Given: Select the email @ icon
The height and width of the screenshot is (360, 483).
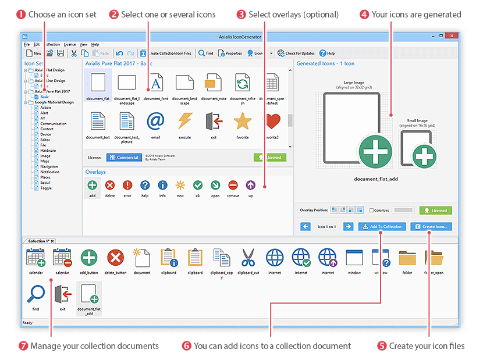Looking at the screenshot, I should click(x=155, y=121).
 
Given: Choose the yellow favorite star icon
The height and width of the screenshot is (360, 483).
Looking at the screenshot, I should click(x=242, y=121).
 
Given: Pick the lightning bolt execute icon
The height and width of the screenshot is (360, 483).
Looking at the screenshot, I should click(x=184, y=121).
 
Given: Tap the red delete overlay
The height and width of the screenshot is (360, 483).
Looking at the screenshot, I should click(x=110, y=186).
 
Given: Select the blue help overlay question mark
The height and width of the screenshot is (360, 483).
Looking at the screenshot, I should click(x=145, y=186).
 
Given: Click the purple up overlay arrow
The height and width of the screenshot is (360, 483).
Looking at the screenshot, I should click(x=250, y=186).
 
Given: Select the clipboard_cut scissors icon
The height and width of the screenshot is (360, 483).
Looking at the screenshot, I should click(x=248, y=257).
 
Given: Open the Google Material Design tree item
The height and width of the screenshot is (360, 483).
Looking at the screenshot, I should click(x=54, y=102).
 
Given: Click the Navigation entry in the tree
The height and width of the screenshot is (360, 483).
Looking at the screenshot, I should click(x=49, y=166).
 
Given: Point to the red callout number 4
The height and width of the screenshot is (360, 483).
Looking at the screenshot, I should click(x=364, y=14).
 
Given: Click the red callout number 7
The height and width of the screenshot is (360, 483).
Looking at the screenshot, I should click(x=23, y=346).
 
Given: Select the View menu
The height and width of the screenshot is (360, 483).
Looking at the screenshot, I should click(x=83, y=44).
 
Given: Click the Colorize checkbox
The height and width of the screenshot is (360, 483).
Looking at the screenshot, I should click(x=371, y=211).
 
